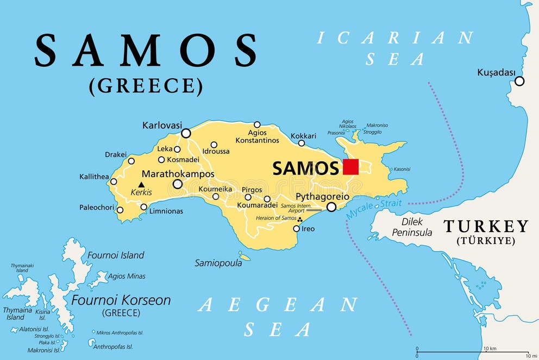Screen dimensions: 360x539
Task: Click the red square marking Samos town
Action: (x=350, y=167)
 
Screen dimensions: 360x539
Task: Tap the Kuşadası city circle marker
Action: (x=519, y=81)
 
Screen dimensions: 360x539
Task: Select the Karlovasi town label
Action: (x=162, y=125)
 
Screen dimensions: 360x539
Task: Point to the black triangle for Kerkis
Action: (x=141, y=185)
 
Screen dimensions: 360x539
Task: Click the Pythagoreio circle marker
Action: (x=331, y=207)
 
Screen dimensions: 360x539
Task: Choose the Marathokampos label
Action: (x=178, y=174)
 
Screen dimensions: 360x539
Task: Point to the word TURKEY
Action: (x=486, y=226)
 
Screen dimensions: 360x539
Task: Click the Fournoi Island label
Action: (x=116, y=255)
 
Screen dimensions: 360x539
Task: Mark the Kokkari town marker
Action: (x=302, y=143)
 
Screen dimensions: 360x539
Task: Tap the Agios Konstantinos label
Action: (x=257, y=136)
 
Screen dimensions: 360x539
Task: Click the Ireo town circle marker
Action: (x=296, y=228)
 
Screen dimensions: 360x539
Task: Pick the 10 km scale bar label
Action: (x=490, y=348)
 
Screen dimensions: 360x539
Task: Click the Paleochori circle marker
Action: (x=120, y=210)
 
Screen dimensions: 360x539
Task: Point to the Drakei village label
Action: (x=116, y=154)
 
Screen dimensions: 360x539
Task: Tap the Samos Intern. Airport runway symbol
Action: (x=314, y=210)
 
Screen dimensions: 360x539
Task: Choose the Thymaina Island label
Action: (x=15, y=314)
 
